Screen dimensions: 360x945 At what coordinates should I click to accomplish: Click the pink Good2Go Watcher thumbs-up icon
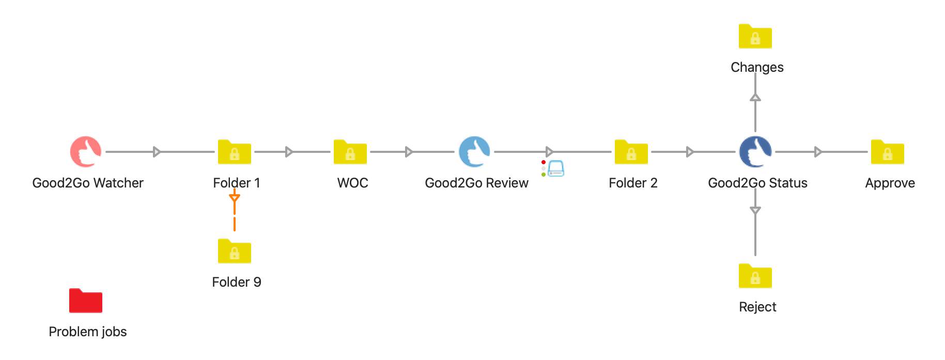coord(86,152)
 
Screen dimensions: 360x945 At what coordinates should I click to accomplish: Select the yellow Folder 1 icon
coord(235,152)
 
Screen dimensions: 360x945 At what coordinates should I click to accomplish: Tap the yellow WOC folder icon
coord(350,152)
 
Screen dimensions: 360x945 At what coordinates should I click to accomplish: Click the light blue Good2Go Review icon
coord(474,152)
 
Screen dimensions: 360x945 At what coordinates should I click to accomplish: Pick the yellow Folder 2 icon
coord(631,152)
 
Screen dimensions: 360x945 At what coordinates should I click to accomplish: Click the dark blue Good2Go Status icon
coord(755,152)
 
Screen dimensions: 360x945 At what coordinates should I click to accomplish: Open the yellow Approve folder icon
coord(888,152)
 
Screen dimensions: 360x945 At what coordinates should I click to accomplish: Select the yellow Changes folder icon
coord(755,37)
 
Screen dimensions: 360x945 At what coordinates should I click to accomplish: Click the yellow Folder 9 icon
coord(235,251)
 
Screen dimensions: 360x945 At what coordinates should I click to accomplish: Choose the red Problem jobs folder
coord(86,301)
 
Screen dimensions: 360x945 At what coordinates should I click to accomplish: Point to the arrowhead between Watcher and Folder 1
coord(157,152)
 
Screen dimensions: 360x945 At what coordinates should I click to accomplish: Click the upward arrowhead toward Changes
coord(755,97)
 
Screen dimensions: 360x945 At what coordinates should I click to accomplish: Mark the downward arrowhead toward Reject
coord(755,211)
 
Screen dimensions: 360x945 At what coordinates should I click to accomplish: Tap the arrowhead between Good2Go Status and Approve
coord(818,152)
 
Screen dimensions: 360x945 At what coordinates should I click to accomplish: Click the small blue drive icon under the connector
coord(556,169)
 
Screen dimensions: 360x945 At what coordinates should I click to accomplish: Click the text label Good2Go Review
coord(476,183)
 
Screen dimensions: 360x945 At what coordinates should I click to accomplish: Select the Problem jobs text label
coord(88,332)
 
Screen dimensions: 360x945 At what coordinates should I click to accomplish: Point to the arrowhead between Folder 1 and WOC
coord(289,152)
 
